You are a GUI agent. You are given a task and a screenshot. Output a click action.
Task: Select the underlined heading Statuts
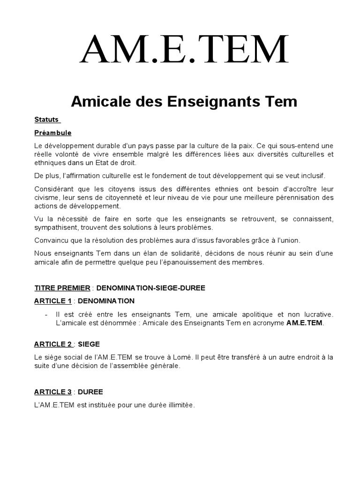tap(46, 120)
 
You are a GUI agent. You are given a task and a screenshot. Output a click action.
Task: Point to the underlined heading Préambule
tap(52, 133)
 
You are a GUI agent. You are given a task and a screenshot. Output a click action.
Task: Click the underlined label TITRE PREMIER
tap(62, 287)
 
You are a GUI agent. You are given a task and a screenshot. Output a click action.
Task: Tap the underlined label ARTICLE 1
tap(52, 300)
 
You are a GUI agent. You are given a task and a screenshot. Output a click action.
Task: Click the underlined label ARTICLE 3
tap(52, 391)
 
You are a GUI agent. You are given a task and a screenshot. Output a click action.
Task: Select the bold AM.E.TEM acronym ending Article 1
tap(305, 323)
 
